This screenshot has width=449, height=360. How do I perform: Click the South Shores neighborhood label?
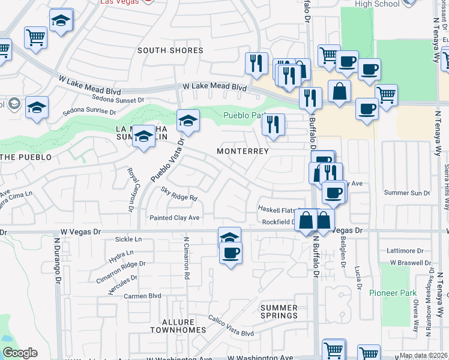point(170,50)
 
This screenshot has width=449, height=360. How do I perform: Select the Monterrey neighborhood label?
point(243,151)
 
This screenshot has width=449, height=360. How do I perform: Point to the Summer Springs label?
point(279,311)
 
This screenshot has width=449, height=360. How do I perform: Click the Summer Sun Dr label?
point(407,193)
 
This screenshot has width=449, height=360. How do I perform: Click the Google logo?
point(20,353)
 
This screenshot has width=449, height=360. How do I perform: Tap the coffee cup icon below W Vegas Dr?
point(230,253)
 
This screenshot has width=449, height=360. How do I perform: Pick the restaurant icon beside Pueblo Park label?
point(273,125)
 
